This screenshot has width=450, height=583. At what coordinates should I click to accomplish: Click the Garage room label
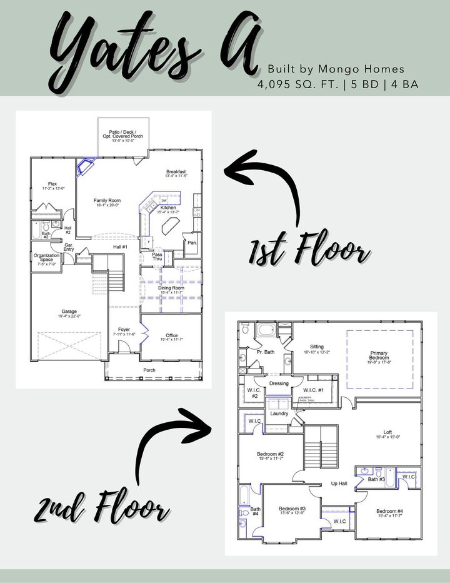(69, 313)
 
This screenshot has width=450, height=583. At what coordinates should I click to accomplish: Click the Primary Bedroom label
(379, 356)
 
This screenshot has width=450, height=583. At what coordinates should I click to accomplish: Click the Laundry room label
(278, 413)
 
